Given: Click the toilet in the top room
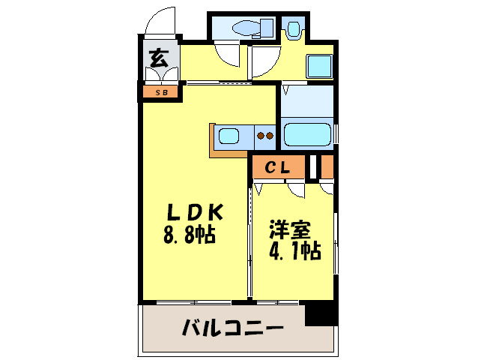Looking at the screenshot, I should point(247,28).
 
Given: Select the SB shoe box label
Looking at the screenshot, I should point(160,93).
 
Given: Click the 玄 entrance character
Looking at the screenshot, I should point(158,58).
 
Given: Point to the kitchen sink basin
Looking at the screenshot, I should point(229,136).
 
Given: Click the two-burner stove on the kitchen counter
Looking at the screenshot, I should point(264,136).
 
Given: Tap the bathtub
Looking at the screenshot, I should point(308,136).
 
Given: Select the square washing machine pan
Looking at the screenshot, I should point(319,67).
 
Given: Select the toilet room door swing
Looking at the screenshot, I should point(226,54).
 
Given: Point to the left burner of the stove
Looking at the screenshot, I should point(260,136).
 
